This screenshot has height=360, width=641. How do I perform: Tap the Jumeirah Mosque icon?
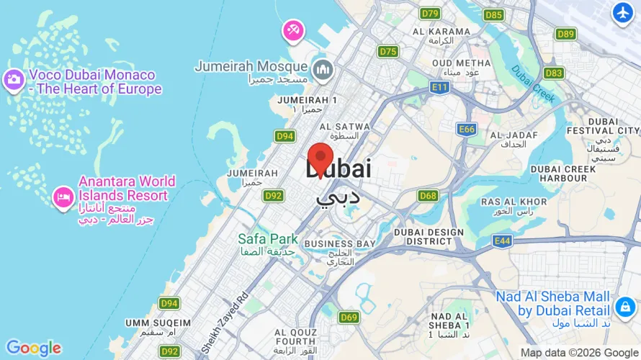click(323, 69)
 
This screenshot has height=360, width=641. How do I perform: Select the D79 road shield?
click(431, 13)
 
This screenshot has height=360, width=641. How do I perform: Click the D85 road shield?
click(493, 14)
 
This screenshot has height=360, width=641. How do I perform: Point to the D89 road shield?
click(566, 34)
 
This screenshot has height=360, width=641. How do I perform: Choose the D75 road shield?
click(388, 51)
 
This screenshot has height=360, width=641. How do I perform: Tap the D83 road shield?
click(554, 73)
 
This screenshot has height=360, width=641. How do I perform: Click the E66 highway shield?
click(467, 129)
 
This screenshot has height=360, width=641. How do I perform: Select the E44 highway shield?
click(502, 240)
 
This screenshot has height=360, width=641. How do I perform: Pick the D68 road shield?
click(428, 196)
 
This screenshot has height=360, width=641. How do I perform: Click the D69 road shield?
click(349, 318)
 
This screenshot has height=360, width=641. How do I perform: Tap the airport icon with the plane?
click(622, 12)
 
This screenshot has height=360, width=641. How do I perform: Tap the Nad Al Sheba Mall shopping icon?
click(623, 307)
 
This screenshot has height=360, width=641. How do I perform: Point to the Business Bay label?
click(339, 244)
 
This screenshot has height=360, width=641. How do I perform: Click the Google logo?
click(33, 348)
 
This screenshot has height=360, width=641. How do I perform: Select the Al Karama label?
click(441, 32)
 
